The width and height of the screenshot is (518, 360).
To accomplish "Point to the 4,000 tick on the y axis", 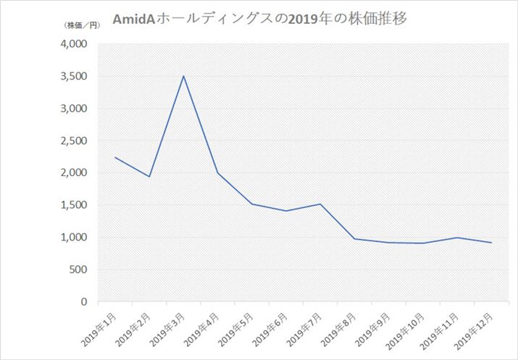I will click(72, 44).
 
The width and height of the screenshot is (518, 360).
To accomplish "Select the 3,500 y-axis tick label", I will click(72, 77).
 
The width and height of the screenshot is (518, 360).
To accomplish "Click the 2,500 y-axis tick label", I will click(72, 141).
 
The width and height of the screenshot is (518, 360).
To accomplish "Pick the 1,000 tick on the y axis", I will click(72, 238).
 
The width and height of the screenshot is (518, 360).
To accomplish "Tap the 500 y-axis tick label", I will click(78, 269).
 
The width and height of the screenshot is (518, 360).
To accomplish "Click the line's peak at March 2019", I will click(184, 76).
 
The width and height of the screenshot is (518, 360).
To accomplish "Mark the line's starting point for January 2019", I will click(115, 157).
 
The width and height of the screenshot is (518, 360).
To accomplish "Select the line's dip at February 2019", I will click(149, 177).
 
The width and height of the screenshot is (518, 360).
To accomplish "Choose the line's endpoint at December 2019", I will click(491, 243).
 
